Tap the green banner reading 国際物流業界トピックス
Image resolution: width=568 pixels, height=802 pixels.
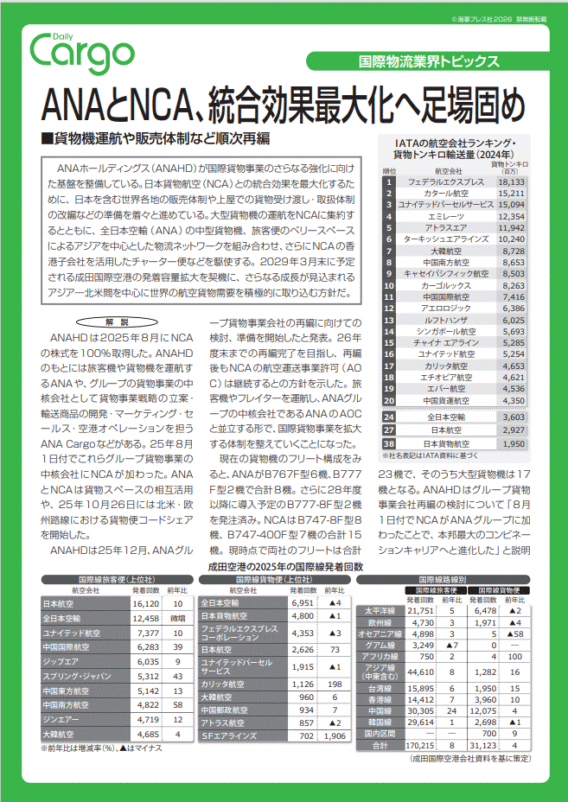pyautogui.click(x=440, y=61)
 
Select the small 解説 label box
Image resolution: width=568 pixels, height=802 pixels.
pyautogui.click(x=121, y=321)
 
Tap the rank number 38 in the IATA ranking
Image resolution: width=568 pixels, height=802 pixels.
pyautogui.click(x=389, y=443)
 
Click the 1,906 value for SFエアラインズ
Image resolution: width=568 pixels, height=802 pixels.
pyautogui.click(x=333, y=736)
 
